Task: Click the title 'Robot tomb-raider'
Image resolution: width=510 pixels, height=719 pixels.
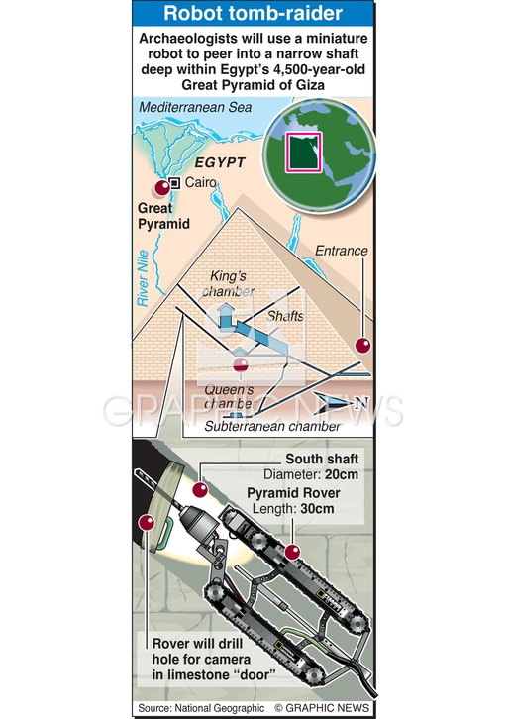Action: click(x=253, y=13)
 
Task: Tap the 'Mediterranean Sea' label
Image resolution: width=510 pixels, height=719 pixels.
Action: click(x=195, y=108)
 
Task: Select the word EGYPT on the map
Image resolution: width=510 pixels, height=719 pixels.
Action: click(x=220, y=162)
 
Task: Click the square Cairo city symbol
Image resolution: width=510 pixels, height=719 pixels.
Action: click(x=174, y=183)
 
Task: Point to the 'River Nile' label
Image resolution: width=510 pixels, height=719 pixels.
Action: click(x=143, y=278)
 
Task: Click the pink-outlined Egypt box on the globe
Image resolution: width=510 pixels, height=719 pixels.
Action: click(x=304, y=153)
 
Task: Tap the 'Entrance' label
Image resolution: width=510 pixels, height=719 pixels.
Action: click(x=342, y=251)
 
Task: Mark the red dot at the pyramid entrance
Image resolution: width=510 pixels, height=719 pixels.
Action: click(x=362, y=346)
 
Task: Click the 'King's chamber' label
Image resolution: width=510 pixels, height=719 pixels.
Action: click(x=228, y=284)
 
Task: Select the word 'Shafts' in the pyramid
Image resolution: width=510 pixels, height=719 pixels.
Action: click(x=285, y=316)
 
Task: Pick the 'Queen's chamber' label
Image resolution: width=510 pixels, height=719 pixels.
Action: click(x=229, y=397)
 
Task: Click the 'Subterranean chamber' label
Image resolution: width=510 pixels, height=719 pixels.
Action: click(x=272, y=427)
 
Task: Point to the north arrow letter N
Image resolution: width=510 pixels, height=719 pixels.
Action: click(x=361, y=403)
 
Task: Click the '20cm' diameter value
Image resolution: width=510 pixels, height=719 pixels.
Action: click(x=342, y=474)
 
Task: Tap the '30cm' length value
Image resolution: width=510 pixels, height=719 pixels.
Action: click(x=317, y=509)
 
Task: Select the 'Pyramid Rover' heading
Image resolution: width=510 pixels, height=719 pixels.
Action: click(x=293, y=493)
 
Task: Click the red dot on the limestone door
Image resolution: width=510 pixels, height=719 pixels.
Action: click(x=147, y=523)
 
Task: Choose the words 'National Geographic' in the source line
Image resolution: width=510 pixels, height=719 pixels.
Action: click(x=220, y=708)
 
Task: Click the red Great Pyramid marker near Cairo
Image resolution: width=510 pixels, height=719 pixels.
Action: click(x=162, y=188)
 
